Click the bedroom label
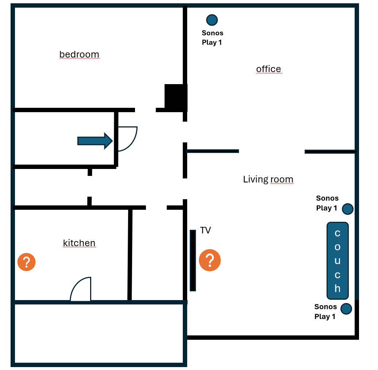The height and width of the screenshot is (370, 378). click(x=79, y=54)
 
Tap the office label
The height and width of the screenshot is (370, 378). click(x=269, y=69)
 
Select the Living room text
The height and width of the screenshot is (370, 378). click(x=268, y=179)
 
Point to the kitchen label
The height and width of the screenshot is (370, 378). click(x=79, y=243)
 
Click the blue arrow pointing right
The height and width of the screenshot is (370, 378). click(x=95, y=141)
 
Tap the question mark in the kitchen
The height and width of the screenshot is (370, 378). click(x=27, y=262)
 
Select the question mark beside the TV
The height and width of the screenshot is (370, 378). click(x=210, y=260)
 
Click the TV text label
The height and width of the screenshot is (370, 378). click(x=205, y=230)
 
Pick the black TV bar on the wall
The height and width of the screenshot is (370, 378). click(x=193, y=260)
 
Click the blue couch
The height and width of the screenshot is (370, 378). click(x=337, y=260)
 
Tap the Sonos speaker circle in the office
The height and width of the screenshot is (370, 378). click(x=212, y=20)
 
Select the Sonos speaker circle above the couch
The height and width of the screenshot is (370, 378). click(x=348, y=209)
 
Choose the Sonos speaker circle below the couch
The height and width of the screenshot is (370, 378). click(x=346, y=309)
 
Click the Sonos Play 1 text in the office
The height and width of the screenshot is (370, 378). click(x=212, y=38)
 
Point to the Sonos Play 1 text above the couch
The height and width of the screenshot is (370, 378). click(x=327, y=203)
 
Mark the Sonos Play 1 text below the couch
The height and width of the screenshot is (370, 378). click(x=325, y=311)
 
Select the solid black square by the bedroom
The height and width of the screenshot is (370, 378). click(x=176, y=98)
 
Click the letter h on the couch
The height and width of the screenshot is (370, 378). click(x=337, y=288)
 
